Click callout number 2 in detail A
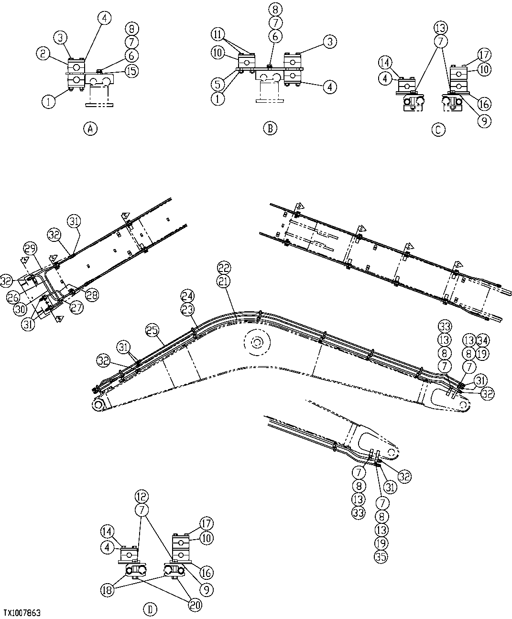coord(43,54)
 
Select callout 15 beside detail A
coord(131,71)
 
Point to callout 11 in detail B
coord(218,34)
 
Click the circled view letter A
coord(89,128)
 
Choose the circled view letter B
coord(270,128)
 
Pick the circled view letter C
coord(438,129)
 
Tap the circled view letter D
coord(150,609)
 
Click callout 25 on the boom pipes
coord(152,330)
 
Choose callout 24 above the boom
coord(187,294)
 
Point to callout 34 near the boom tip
coord(483,340)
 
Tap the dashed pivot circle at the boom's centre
coord(257,343)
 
